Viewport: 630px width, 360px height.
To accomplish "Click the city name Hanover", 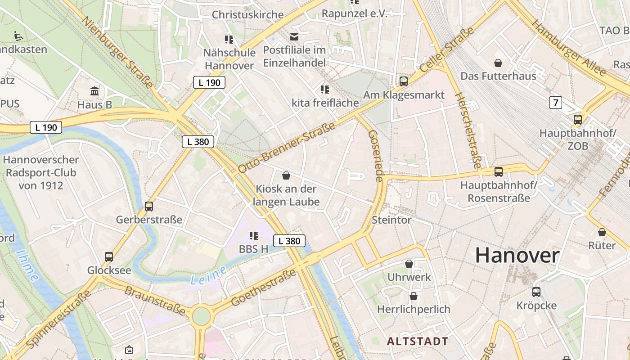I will coord(517,256).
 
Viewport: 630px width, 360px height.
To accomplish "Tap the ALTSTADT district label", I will coord(418,341).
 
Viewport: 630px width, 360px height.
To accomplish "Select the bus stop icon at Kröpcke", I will coord(536,292).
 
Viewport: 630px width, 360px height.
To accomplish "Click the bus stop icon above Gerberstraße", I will coord(149,207).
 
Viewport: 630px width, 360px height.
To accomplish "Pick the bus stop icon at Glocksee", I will coord(109,256).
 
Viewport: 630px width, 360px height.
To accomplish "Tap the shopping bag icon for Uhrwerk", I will coord(409,263).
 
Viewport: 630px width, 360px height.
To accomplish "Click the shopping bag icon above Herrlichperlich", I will coord(413,296).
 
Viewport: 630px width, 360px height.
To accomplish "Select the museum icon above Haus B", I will coord(94,91).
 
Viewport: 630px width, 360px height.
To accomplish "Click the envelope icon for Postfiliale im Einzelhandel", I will coord(294,36).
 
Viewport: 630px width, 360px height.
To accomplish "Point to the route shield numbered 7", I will coord(556,103).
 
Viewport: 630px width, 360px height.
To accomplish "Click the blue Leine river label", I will coord(208,275).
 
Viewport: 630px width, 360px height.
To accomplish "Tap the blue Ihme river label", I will coord(27,265).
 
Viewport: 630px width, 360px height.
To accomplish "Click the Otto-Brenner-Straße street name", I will coord(287,147).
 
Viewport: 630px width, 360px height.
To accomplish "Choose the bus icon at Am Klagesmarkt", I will coord(404,81).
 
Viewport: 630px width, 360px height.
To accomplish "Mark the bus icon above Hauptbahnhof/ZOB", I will coord(578,120).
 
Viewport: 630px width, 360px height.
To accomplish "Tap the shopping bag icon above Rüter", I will coord(602,232).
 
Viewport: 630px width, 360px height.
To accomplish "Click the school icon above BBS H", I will coord(253,235).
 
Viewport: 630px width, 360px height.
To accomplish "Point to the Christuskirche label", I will coord(247,14).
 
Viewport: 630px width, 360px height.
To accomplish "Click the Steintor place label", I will coord(391,220).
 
